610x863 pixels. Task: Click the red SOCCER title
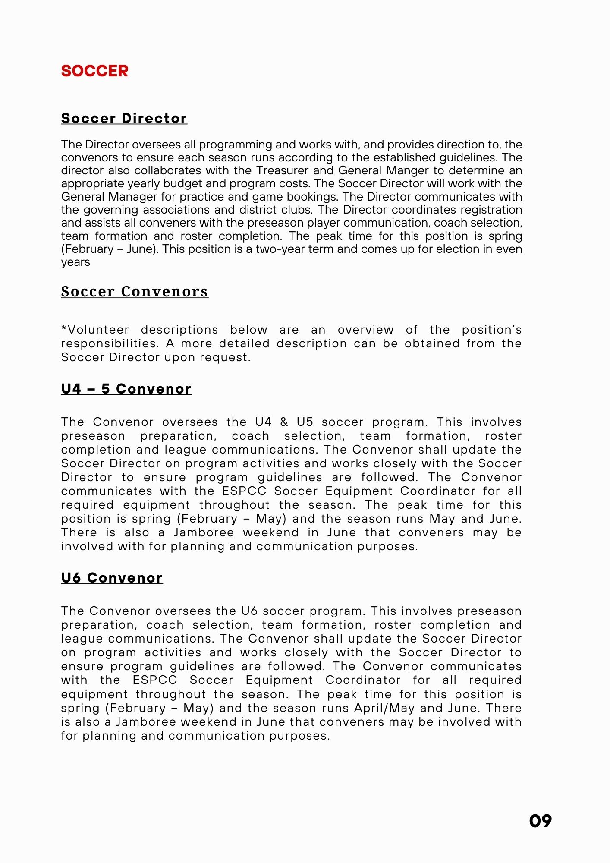(95, 71)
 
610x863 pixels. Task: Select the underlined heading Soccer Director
(124, 118)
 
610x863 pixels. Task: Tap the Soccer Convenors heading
(135, 292)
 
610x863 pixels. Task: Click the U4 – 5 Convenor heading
(126, 389)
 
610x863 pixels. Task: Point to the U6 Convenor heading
(112, 578)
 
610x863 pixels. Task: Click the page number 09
(540, 821)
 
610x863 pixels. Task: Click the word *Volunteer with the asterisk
(95, 330)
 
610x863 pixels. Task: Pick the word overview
(365, 330)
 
